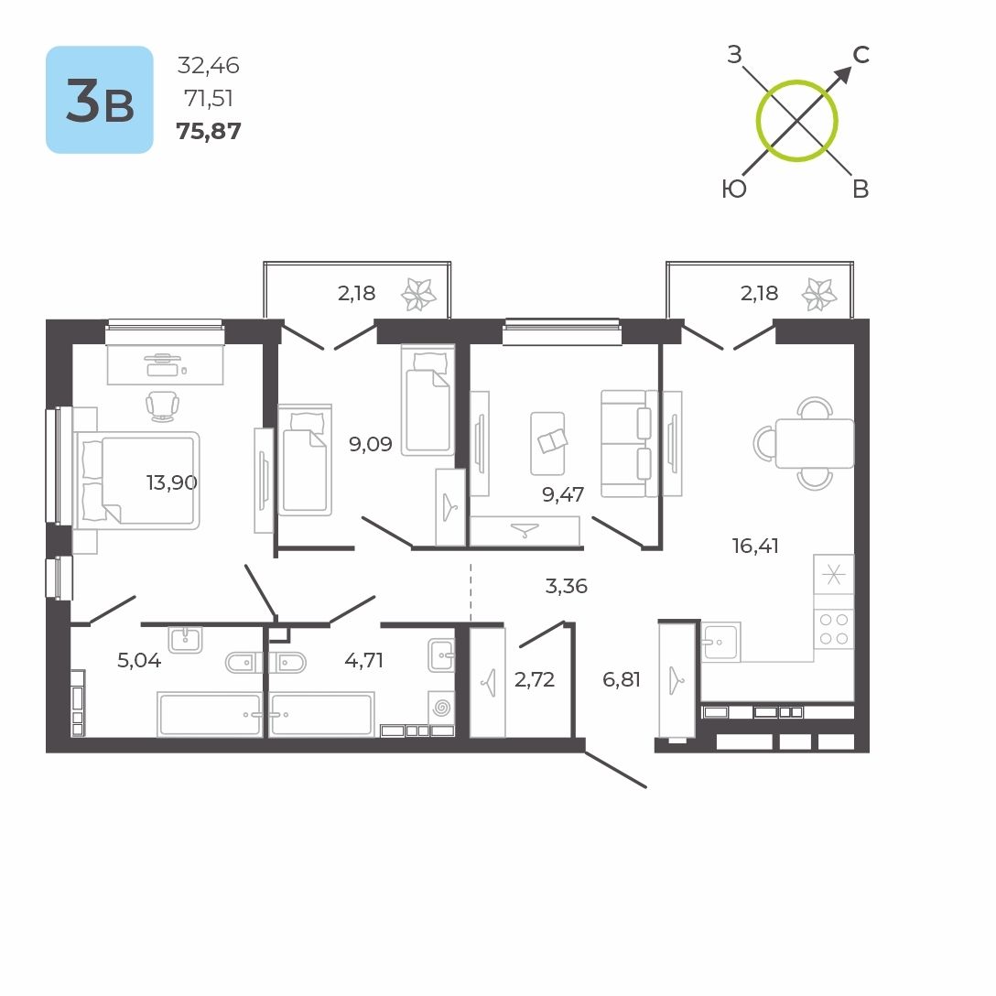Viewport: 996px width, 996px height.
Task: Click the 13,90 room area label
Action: pyautogui.click(x=172, y=482)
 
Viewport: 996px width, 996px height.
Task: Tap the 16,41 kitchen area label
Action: pyautogui.click(x=755, y=547)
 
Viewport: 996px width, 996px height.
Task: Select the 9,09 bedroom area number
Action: pyautogui.click(x=370, y=445)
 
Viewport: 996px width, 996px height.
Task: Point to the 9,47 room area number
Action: pyautogui.click(x=563, y=496)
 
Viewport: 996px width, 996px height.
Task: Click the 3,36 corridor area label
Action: pyautogui.click(x=566, y=586)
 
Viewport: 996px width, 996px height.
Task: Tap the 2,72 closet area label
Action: pyautogui.click(x=535, y=679)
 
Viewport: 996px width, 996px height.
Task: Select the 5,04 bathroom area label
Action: pyautogui.click(x=139, y=660)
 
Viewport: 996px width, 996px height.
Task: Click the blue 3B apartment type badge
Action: pyautogui.click(x=100, y=100)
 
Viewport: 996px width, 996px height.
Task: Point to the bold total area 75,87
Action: pyautogui.click(x=209, y=131)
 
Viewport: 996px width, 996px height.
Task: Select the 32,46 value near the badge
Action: pyautogui.click(x=209, y=65)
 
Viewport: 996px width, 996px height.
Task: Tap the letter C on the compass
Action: pyautogui.click(x=861, y=55)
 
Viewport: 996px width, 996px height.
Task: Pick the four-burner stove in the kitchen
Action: pyautogui.click(x=833, y=628)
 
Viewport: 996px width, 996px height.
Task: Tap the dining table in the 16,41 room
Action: pyautogui.click(x=814, y=443)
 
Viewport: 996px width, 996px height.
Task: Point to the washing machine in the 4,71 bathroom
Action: pyautogui.click(x=441, y=708)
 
